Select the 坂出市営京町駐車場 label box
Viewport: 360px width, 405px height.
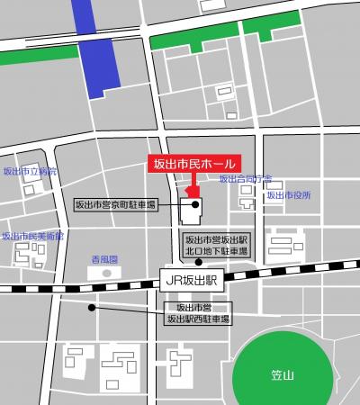click(x=114, y=206)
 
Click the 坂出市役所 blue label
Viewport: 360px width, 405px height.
click(x=288, y=195)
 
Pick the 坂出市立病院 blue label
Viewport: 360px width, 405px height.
click(x=30, y=170)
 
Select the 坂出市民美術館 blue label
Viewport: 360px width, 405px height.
click(x=32, y=236)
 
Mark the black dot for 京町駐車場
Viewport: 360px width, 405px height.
click(x=194, y=205)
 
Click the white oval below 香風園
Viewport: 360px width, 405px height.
click(x=107, y=272)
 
